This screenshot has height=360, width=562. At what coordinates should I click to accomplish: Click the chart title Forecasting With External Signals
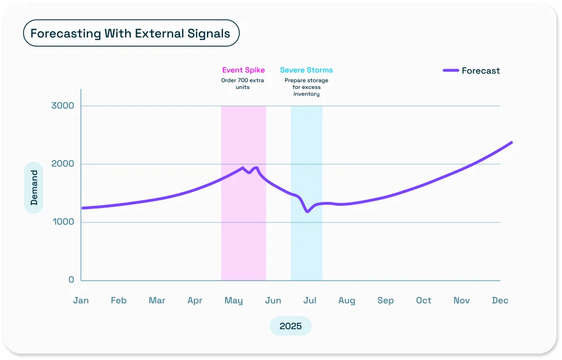point(131,33)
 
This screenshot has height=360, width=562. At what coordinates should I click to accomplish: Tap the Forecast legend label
point(480,71)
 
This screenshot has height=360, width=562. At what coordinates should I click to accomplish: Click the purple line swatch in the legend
point(451,71)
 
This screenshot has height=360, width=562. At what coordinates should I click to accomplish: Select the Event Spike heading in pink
point(243,70)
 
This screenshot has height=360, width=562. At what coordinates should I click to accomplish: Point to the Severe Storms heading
point(306,70)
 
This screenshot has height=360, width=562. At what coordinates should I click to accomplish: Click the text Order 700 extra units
point(243,83)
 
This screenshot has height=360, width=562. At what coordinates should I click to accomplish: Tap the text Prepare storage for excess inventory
point(306,87)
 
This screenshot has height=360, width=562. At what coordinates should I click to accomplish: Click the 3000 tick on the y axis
point(63,106)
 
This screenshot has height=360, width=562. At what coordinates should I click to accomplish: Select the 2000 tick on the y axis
point(63,164)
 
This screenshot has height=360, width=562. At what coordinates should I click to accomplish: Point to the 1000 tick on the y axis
point(63,222)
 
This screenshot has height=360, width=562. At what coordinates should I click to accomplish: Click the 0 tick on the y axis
point(71,280)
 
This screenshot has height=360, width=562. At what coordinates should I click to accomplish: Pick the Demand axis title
point(34,188)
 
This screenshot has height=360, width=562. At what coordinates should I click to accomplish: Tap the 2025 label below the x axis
point(290,326)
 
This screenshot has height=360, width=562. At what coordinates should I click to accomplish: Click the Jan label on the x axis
point(81,300)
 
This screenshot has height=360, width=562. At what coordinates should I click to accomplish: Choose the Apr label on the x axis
point(195,300)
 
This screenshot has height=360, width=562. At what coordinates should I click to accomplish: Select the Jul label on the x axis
point(310,300)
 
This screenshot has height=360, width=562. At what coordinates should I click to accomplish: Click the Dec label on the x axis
point(500,300)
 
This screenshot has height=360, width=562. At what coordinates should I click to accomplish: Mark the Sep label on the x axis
point(385,300)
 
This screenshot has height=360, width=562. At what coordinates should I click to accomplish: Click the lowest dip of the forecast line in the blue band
point(307,211)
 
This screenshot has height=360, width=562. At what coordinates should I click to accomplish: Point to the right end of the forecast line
point(512,143)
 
